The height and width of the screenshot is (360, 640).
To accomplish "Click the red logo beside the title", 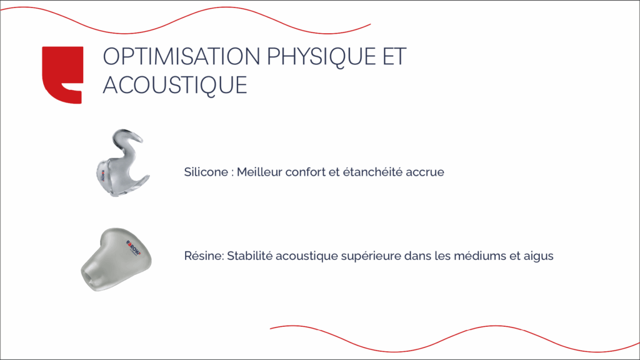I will [x=62, y=74].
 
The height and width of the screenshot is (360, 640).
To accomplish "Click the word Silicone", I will [x=205, y=172].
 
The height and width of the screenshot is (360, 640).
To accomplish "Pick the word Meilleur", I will [x=259, y=172].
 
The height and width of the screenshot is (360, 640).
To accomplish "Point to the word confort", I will [x=304, y=172].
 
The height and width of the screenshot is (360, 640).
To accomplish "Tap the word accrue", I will [x=425, y=172].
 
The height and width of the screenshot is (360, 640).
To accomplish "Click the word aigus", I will [x=538, y=256].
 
